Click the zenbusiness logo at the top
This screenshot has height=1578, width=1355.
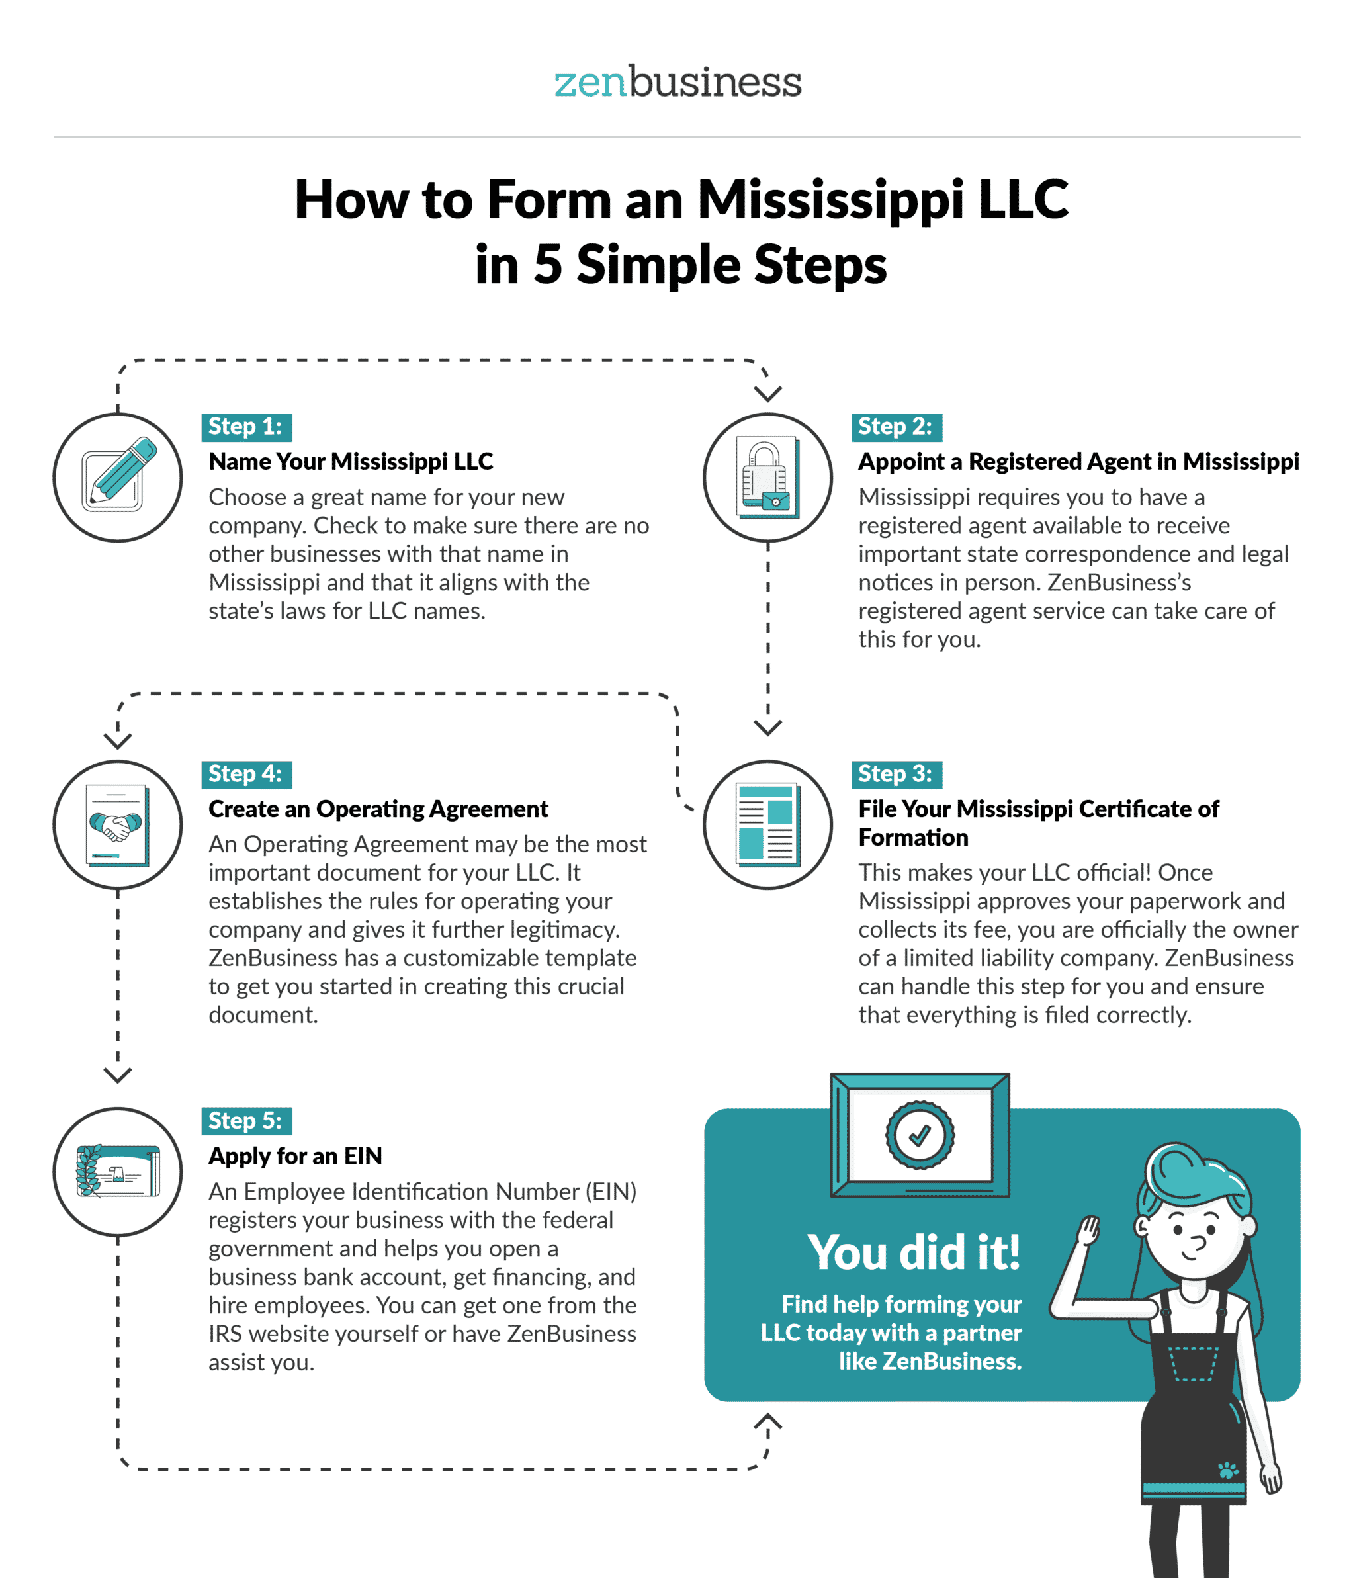pos(677,82)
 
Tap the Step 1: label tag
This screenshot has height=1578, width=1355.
pos(245,427)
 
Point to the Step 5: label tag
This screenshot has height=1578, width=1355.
pos(245,1121)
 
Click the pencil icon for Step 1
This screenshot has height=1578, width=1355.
pos(118,477)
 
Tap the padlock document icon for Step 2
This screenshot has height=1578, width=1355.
pos(767,477)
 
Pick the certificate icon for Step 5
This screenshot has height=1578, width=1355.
pos(118,1171)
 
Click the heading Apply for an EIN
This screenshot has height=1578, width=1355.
pos(296,1156)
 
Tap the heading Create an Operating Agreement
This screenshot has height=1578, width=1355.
pos(378,809)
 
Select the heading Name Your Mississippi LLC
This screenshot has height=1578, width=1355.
pos(351,462)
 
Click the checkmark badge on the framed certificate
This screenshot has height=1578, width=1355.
pos(920,1135)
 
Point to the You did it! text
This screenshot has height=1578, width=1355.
pos(913,1252)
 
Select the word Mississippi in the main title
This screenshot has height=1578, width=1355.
pos(830,200)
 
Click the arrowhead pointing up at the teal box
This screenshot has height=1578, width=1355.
pos(767,1423)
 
